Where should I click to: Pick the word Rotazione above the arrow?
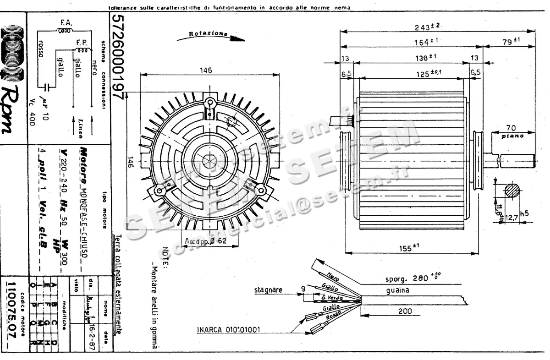pos(208,34)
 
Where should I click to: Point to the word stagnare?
pos(268,290)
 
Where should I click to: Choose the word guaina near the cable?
pos(397,290)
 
